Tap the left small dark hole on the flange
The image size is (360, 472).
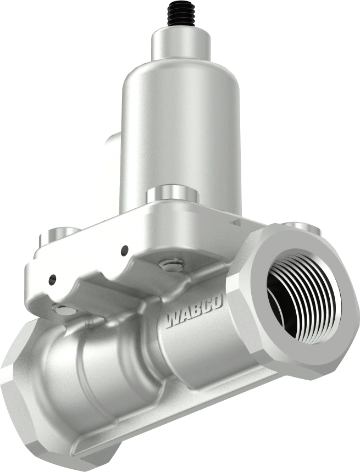point(52,279)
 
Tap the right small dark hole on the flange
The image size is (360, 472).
point(125,251)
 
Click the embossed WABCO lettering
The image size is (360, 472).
point(193,313)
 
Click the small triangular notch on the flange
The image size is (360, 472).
point(236,222)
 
